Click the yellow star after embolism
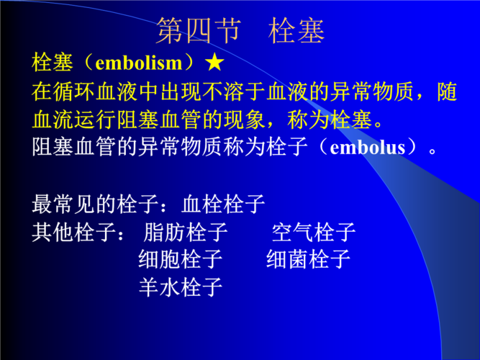[x=214, y=63]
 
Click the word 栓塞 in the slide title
[x=296, y=31]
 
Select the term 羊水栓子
[x=181, y=287]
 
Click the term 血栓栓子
[x=224, y=204]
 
